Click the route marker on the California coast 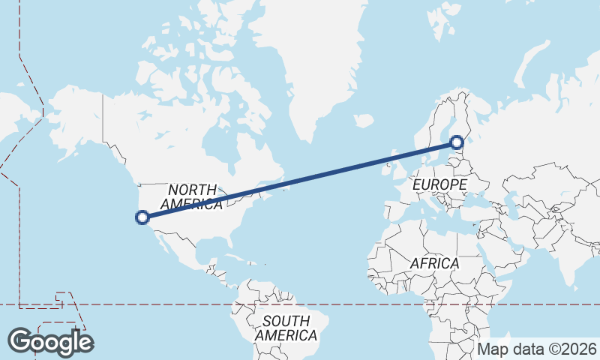[x=142, y=217]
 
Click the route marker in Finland [x=456, y=140]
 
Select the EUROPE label [x=439, y=184]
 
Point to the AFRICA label [x=434, y=263]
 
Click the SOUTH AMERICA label [x=285, y=328]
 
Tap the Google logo [x=51, y=341]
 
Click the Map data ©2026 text [x=537, y=349]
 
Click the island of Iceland [x=363, y=120]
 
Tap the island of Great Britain [x=393, y=166]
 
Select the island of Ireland [x=382, y=168]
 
